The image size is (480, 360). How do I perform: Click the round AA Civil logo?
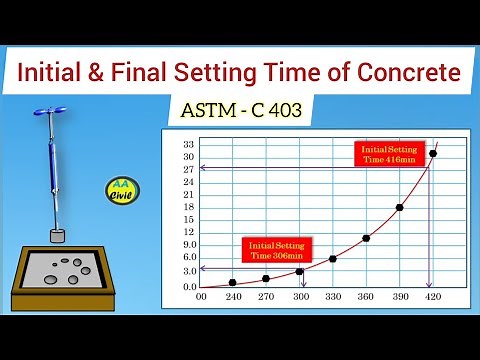(x=122, y=190)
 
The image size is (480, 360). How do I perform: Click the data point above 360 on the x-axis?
(x=366, y=238)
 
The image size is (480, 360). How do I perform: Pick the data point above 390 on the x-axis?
(x=399, y=207)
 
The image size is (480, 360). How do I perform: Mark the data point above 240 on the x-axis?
(x=233, y=282)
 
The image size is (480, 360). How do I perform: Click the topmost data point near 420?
(x=432, y=153)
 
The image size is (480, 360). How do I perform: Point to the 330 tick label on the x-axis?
(x=333, y=297)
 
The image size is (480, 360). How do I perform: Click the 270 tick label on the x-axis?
(x=266, y=297)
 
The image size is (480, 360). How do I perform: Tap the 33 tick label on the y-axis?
(x=187, y=144)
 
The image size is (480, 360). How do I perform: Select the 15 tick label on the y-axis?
(x=187, y=221)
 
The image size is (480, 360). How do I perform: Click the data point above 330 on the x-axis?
(x=333, y=259)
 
